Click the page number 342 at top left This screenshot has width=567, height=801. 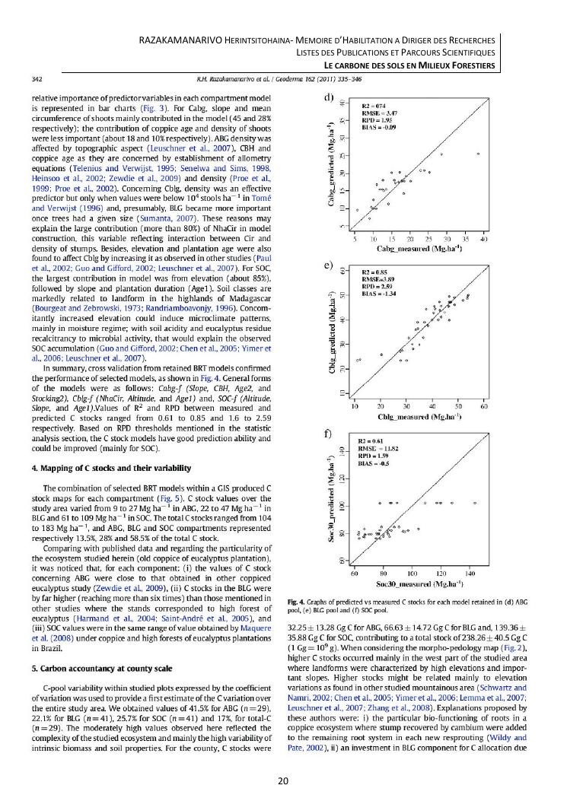(36, 78)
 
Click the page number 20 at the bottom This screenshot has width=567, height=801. (283, 780)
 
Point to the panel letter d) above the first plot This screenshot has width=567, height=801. (329, 97)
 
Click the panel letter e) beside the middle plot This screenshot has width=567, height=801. (329, 266)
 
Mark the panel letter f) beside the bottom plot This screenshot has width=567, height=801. (329, 433)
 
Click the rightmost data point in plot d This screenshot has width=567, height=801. (478, 154)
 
